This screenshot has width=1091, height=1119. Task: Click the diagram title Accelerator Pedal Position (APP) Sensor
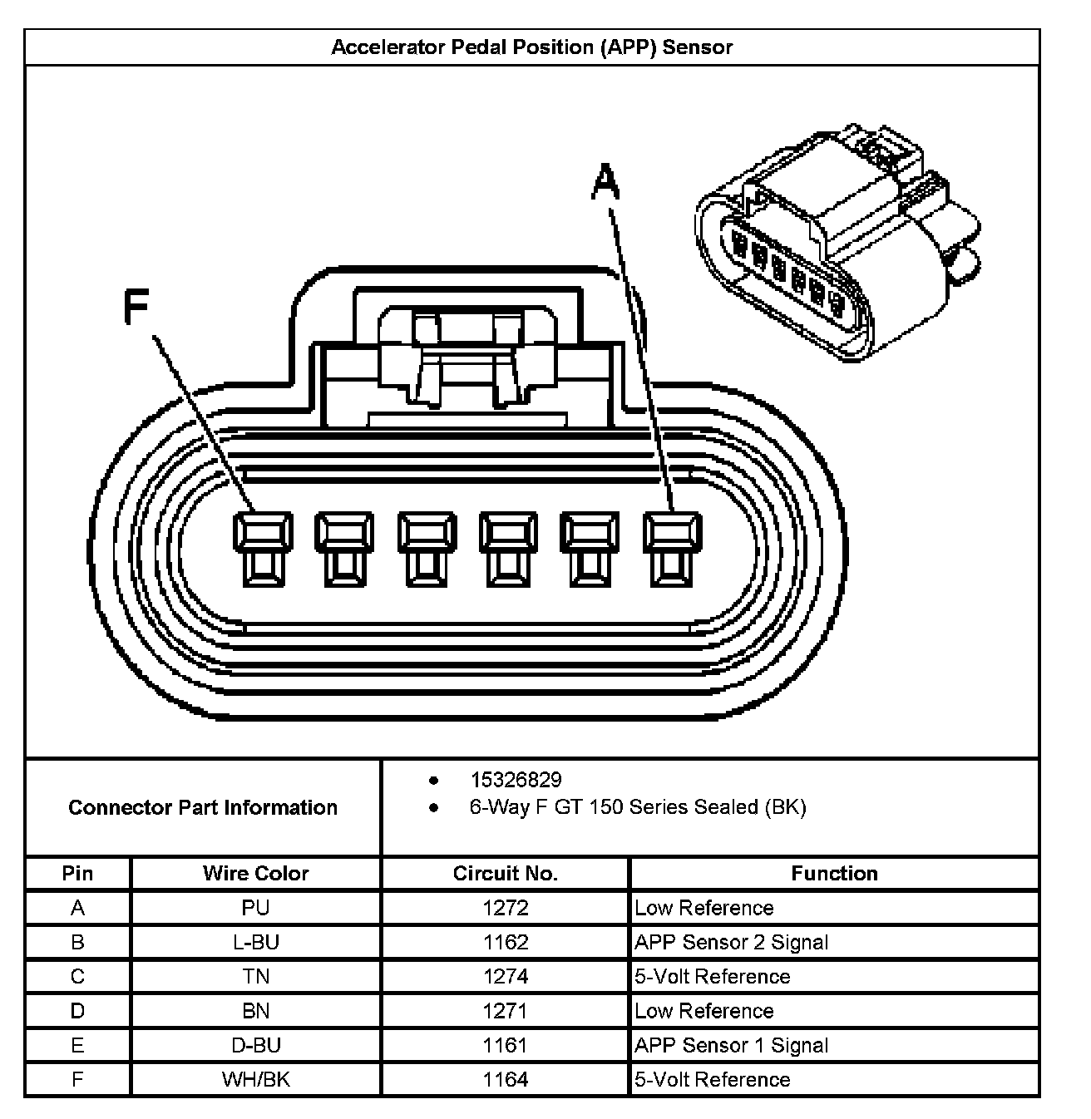pos(532,47)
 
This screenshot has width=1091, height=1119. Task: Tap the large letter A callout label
pos(605,182)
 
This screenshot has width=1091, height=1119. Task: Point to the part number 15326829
pos(516,780)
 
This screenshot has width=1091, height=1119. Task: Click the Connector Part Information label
pos(203,807)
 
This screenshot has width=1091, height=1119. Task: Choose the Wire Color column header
pos(255,873)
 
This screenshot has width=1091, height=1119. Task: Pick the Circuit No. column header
pos(505,873)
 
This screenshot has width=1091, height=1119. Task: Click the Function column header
pos(834,873)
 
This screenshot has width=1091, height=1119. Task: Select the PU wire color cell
pos(255,908)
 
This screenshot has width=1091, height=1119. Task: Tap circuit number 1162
pos(505,942)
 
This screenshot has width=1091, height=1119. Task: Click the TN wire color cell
pos(255,976)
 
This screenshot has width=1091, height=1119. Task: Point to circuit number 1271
pos(505,1011)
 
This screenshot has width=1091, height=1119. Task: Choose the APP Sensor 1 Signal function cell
pos(731,1045)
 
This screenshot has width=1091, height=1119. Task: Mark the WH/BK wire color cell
pos(255,1079)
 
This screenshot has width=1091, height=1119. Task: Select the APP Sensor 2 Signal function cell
pos(731,942)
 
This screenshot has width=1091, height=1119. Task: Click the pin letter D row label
pos(77,1011)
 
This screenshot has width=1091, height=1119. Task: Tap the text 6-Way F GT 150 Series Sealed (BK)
pos(637,807)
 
